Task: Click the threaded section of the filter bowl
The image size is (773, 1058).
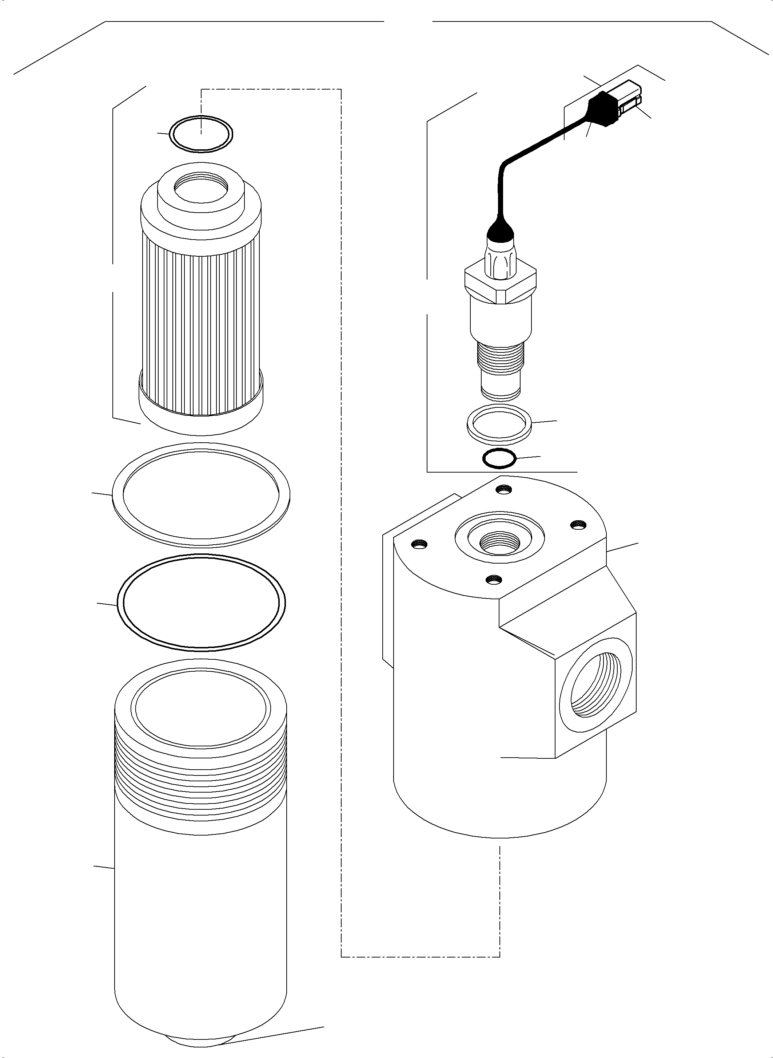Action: [x=201, y=768]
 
